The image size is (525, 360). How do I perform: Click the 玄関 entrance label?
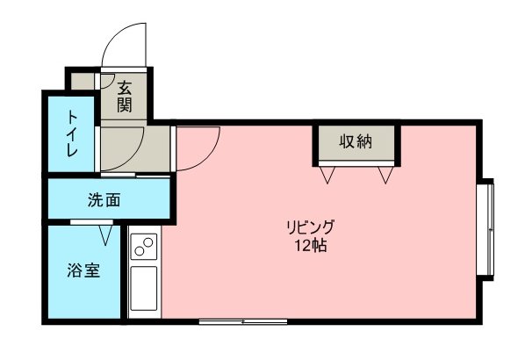(x=124, y=97)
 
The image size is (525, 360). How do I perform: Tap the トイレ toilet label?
(x=72, y=134)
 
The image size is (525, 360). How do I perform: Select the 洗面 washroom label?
(x=104, y=200)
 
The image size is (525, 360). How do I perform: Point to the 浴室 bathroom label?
(x=83, y=270)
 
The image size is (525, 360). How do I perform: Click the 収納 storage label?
(x=356, y=141)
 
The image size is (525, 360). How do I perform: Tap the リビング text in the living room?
(x=310, y=227)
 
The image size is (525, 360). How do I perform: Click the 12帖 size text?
(x=311, y=246)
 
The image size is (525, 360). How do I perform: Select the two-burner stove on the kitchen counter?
(x=144, y=247)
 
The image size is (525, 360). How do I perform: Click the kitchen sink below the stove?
(x=144, y=288)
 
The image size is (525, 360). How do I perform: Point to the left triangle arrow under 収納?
(x=327, y=175)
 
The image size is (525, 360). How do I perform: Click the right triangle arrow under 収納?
(x=385, y=175)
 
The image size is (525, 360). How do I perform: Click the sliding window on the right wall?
(x=485, y=229)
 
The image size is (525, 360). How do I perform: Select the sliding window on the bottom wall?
(x=243, y=322)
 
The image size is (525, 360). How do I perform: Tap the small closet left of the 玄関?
(x=83, y=82)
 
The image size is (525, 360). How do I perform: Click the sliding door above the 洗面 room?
(x=135, y=176)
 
